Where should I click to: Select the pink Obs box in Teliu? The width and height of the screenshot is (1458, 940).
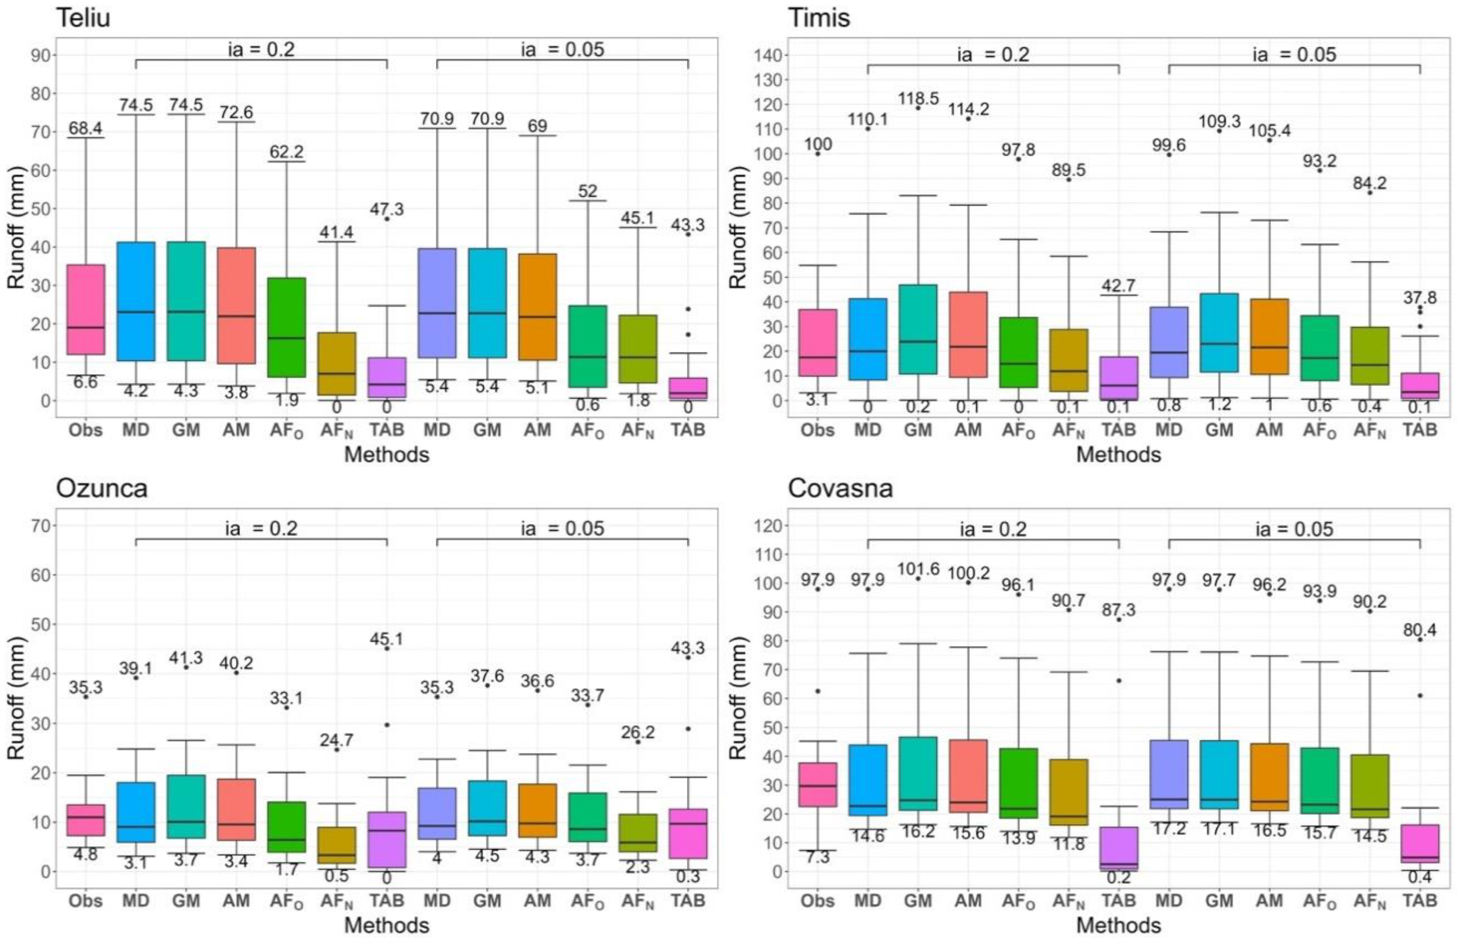point(85,309)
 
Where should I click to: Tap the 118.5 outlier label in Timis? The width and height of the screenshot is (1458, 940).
point(918,98)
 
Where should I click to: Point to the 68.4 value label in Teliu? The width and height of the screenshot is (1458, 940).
point(85,128)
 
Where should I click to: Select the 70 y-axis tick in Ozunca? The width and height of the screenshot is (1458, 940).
point(40,525)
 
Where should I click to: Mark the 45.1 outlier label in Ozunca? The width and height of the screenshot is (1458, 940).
point(387,639)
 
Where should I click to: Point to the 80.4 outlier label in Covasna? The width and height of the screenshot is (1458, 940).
point(1420,630)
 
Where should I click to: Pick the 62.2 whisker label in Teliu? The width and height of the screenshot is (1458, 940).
point(287,151)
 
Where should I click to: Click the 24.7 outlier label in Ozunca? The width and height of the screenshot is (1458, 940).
point(337,740)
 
